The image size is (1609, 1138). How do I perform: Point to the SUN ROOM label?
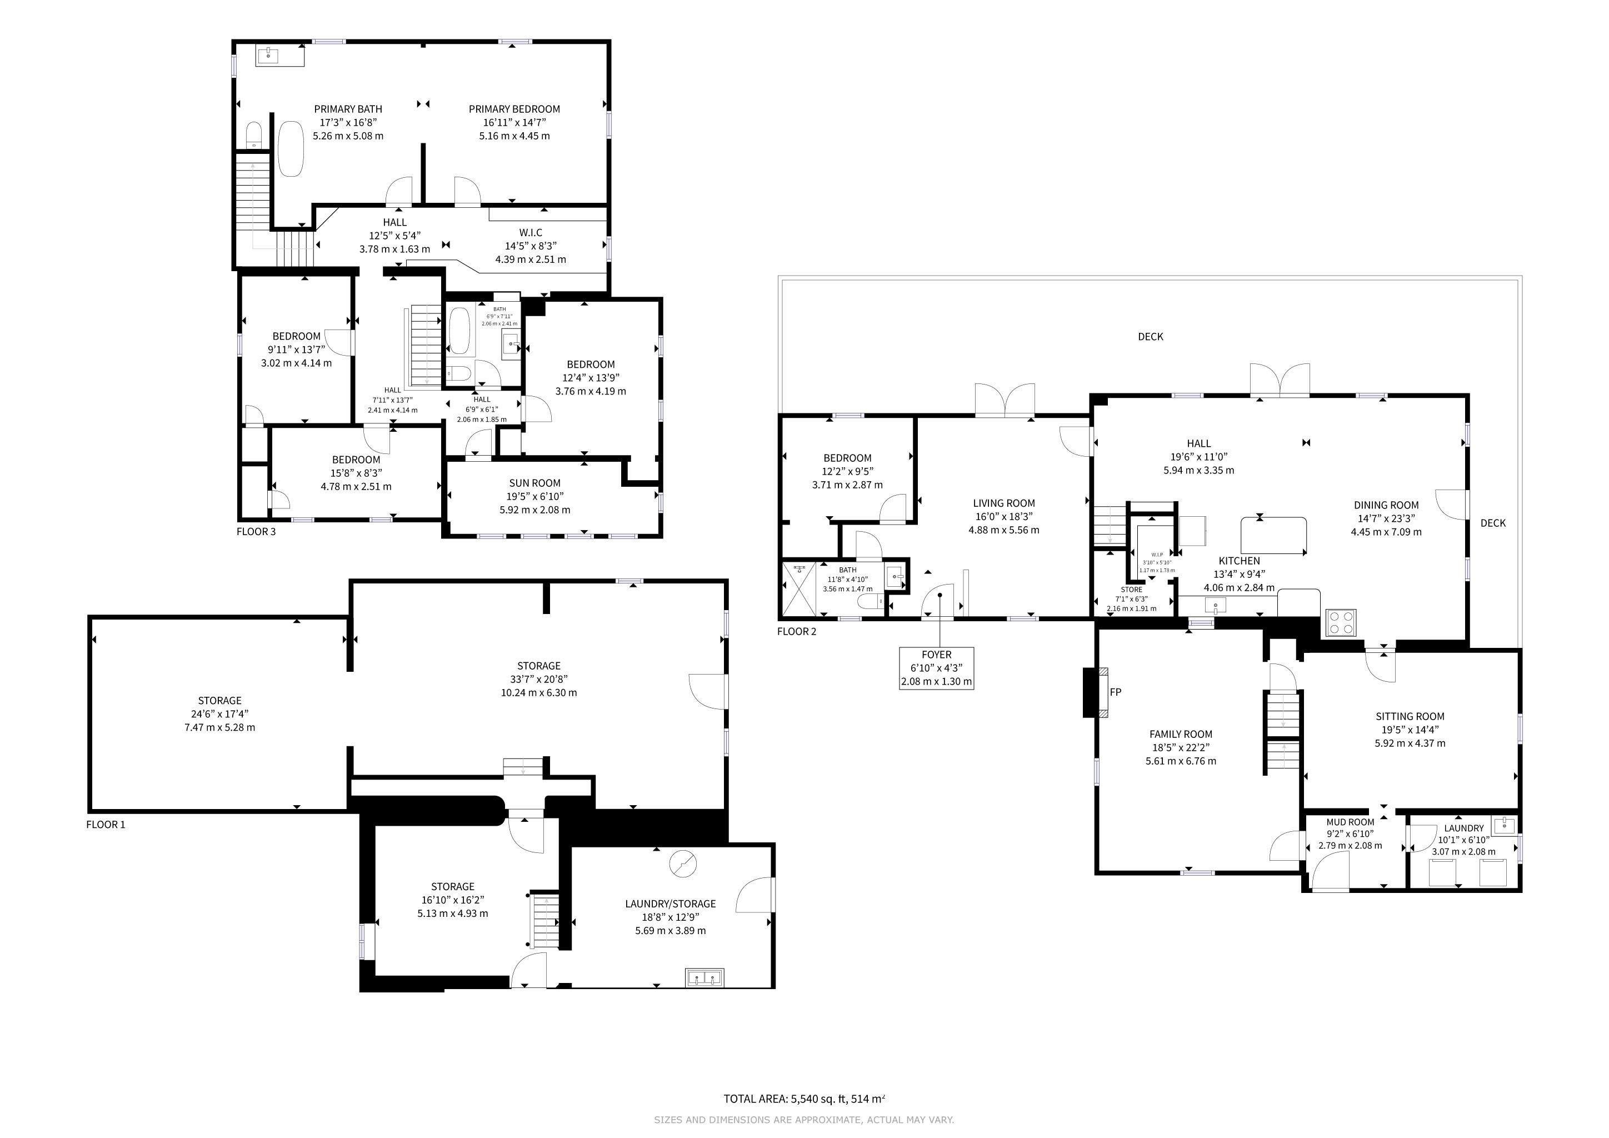534,483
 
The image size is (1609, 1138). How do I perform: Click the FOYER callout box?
936,668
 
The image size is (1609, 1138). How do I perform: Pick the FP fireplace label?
1116,692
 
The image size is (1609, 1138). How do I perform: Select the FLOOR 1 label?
106,824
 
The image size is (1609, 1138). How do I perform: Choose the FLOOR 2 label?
797,631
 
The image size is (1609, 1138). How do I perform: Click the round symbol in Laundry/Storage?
683,864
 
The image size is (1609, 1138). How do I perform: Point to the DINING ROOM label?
1386,505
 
